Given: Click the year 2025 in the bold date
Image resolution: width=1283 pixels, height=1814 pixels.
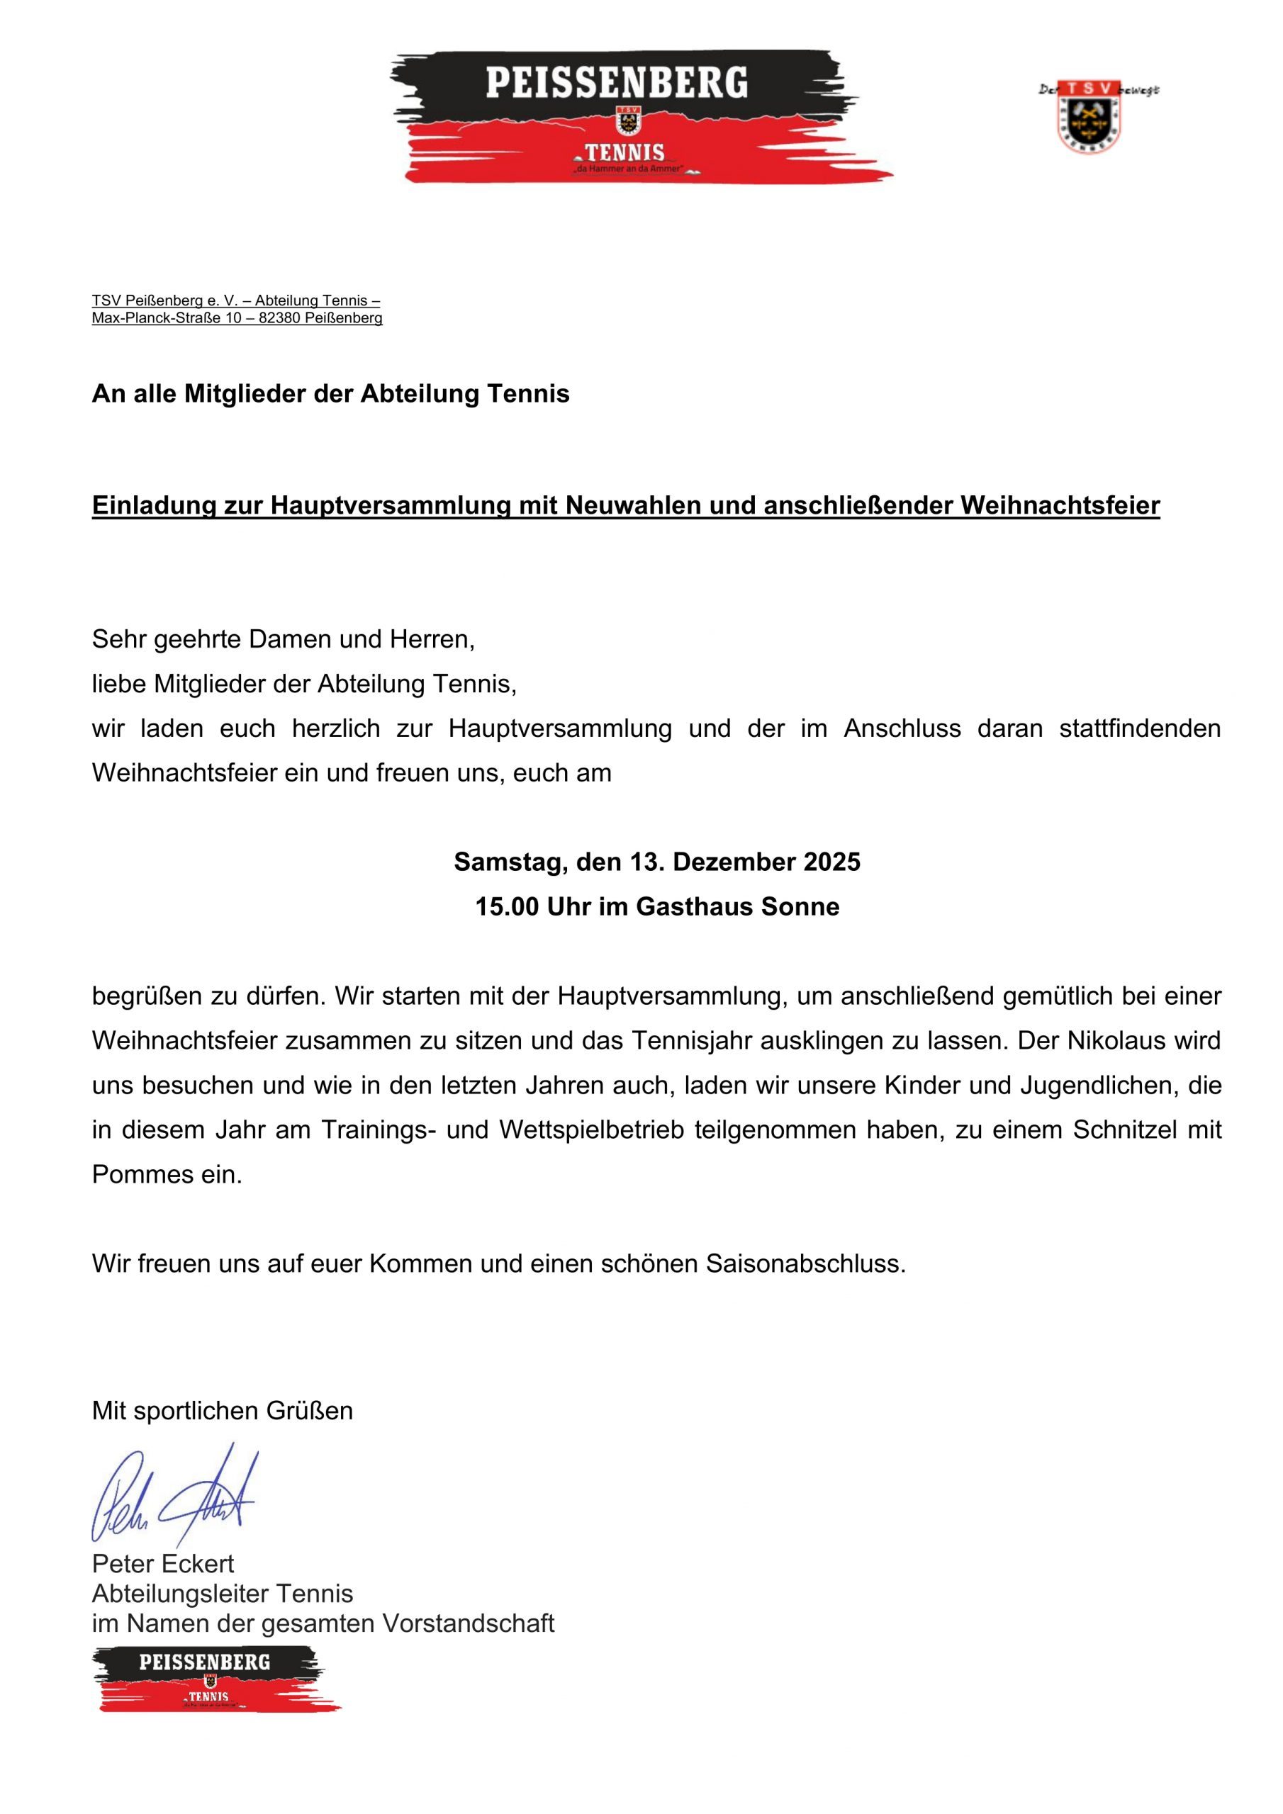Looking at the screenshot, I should (x=831, y=862).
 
